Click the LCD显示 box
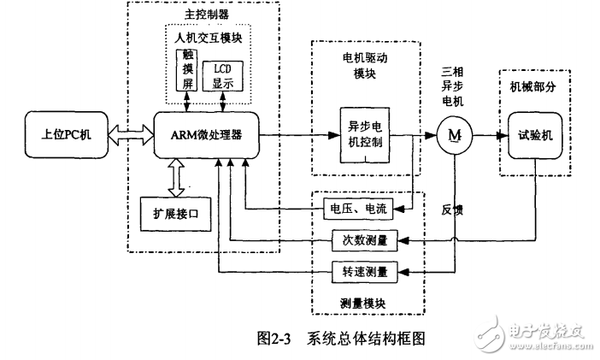pos(223,75)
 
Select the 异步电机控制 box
pos(366,134)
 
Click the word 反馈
pos(452,209)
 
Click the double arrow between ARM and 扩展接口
pos(174,177)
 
